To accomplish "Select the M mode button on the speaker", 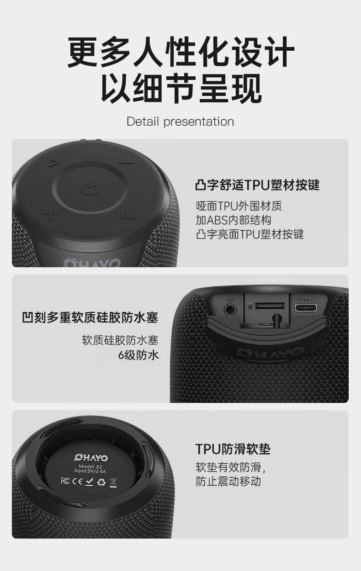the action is pos(128,214).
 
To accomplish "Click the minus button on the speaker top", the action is pos(127,163).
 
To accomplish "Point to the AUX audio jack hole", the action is pos(230,310).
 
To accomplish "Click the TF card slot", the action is pos(270,306).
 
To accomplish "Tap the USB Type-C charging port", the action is pos(306,308).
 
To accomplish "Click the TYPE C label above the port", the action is pos(306,300).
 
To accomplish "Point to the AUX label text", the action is pos(230,301).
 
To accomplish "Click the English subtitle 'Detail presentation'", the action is pos(180,122).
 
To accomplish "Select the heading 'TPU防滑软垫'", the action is pos(233,449).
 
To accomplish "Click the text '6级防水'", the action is pos(138,355).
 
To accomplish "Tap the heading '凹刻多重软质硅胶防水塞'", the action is pos(90,317).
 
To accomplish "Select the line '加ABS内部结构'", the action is pos(233,220).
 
